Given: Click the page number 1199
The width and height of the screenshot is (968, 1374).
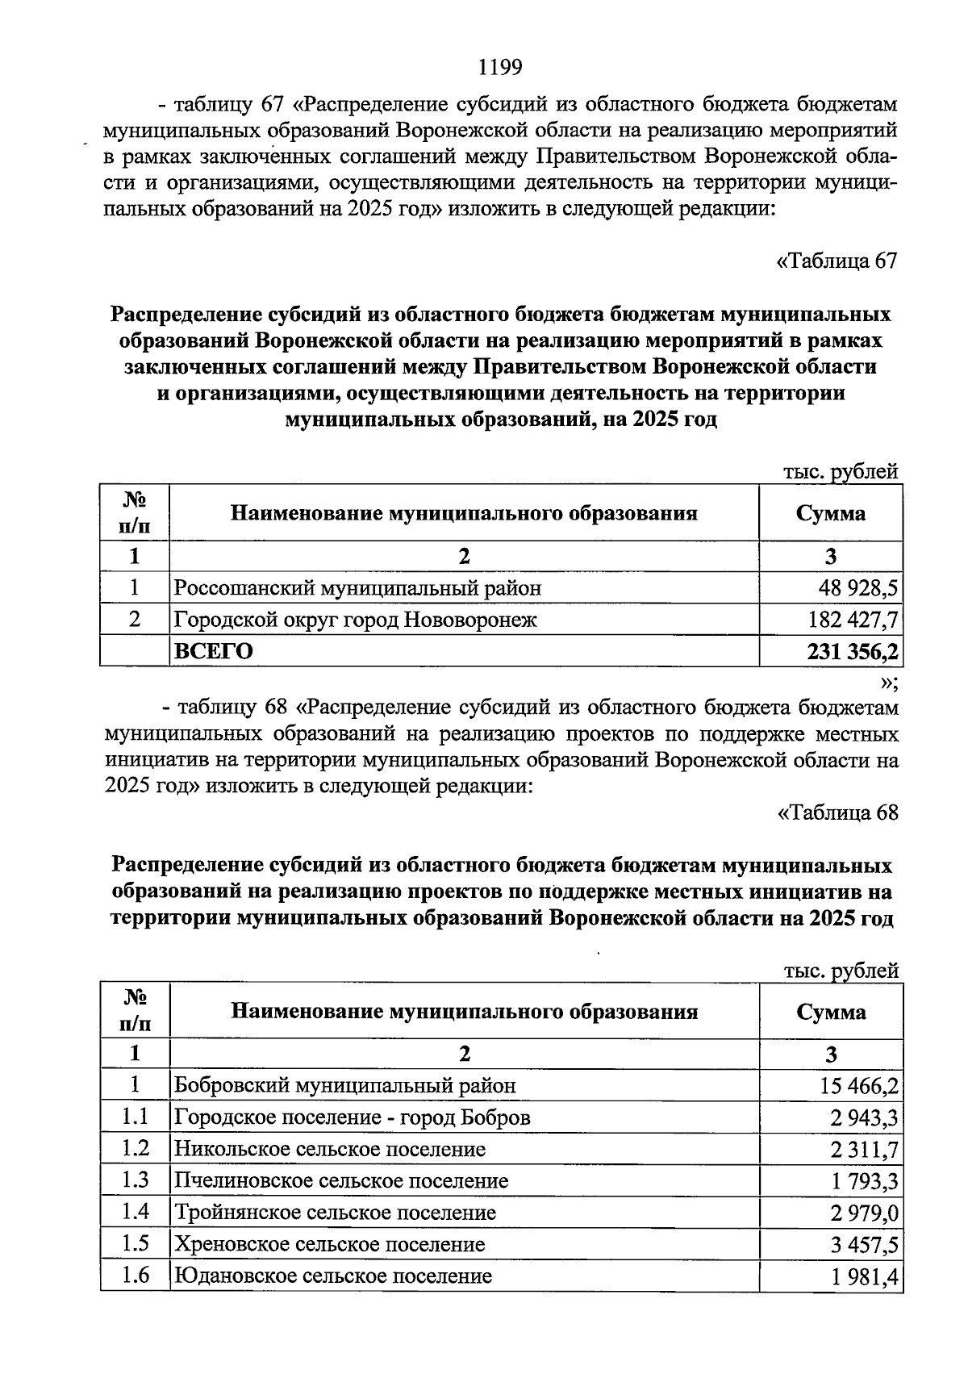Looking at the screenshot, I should (x=500, y=67).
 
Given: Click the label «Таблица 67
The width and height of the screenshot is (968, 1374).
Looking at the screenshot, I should (x=837, y=261).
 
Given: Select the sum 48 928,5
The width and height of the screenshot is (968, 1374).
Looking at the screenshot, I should (x=858, y=588).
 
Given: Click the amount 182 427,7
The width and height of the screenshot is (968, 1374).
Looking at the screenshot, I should (x=853, y=620).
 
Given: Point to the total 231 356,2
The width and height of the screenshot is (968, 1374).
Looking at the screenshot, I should (x=853, y=651).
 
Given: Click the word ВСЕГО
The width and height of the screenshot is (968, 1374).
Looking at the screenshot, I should (x=214, y=651).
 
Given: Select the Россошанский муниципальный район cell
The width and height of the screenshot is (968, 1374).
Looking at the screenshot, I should (x=358, y=588).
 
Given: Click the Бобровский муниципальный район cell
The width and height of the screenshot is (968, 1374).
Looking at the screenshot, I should (x=345, y=1086).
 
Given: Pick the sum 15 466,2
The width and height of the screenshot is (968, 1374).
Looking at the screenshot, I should (x=859, y=1086).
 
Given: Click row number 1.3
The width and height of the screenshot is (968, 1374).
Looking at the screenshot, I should (x=135, y=1180).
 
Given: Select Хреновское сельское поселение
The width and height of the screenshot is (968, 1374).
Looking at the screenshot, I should (x=330, y=1244).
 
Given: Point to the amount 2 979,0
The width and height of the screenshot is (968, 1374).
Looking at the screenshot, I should (x=864, y=1213).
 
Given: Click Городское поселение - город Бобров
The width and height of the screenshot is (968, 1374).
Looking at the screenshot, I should (x=353, y=1117).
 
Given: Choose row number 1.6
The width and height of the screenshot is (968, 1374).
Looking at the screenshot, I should (x=135, y=1276).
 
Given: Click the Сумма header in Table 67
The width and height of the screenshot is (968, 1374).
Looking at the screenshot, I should (x=830, y=513).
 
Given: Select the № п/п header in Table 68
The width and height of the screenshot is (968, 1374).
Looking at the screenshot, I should (x=135, y=1011).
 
